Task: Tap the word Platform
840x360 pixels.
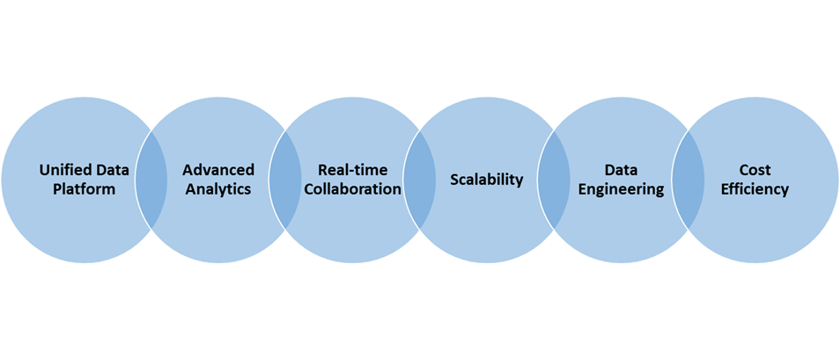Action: click(85, 189)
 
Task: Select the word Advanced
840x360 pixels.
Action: click(218, 171)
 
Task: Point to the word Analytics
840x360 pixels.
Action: click(218, 189)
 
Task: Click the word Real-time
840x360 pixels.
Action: click(352, 171)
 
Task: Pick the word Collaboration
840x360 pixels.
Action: click(352, 189)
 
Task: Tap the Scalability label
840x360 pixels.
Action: click(486, 180)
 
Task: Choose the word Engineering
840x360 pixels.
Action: click(621, 189)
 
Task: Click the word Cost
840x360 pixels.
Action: click(755, 171)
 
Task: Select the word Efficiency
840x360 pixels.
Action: click(755, 189)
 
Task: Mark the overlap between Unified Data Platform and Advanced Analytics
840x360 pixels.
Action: click(151, 180)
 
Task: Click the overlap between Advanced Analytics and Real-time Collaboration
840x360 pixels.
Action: click(285, 180)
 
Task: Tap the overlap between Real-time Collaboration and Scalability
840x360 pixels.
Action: click(419, 180)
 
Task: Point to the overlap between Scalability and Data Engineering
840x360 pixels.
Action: click(554, 180)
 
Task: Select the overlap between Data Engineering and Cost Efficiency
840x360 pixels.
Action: click(688, 180)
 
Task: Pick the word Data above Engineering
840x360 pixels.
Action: click(621, 171)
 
